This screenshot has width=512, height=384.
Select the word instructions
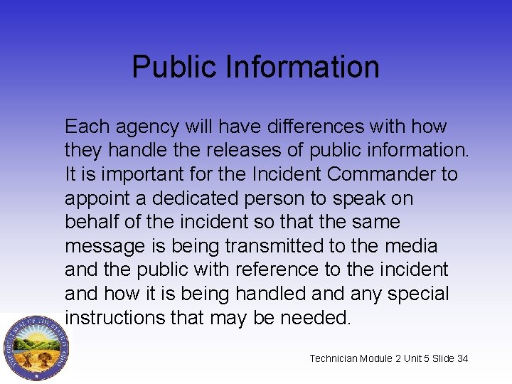point(114,317)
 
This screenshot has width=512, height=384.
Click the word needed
point(315,317)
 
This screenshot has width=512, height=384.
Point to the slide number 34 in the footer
point(463,358)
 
